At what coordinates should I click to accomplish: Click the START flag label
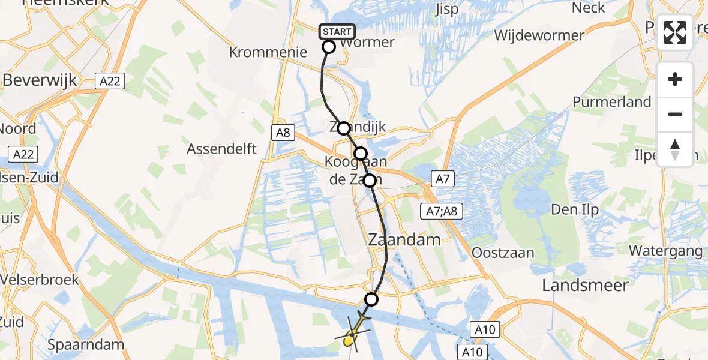pos(337,32)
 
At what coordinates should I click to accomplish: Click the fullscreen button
pos(675,32)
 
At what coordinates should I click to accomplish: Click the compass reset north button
pos(675,149)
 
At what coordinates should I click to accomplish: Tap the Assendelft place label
pos(222,148)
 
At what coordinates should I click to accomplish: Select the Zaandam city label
pos(404,239)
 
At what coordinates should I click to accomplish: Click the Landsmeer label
pos(585,285)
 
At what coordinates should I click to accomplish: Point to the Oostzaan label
pos(503,253)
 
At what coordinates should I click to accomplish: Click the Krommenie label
pos(268,53)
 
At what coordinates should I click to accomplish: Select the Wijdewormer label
pos(539,35)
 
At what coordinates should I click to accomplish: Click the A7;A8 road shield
pos(440,211)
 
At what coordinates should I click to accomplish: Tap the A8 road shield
pos(283,133)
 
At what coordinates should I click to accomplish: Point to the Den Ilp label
pos(572,211)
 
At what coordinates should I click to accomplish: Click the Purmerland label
pos(611,102)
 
